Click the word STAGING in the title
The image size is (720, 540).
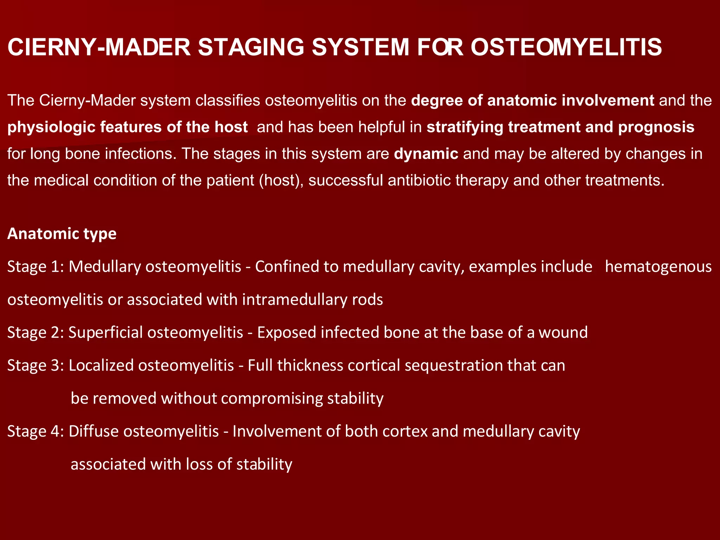pos(251,47)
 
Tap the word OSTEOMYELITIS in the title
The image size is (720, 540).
pos(566,47)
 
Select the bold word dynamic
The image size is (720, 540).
pos(426,154)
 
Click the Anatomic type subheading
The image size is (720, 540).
pos(62,234)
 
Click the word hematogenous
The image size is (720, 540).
pos(658,267)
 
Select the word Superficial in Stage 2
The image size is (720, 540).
pos(105,333)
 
